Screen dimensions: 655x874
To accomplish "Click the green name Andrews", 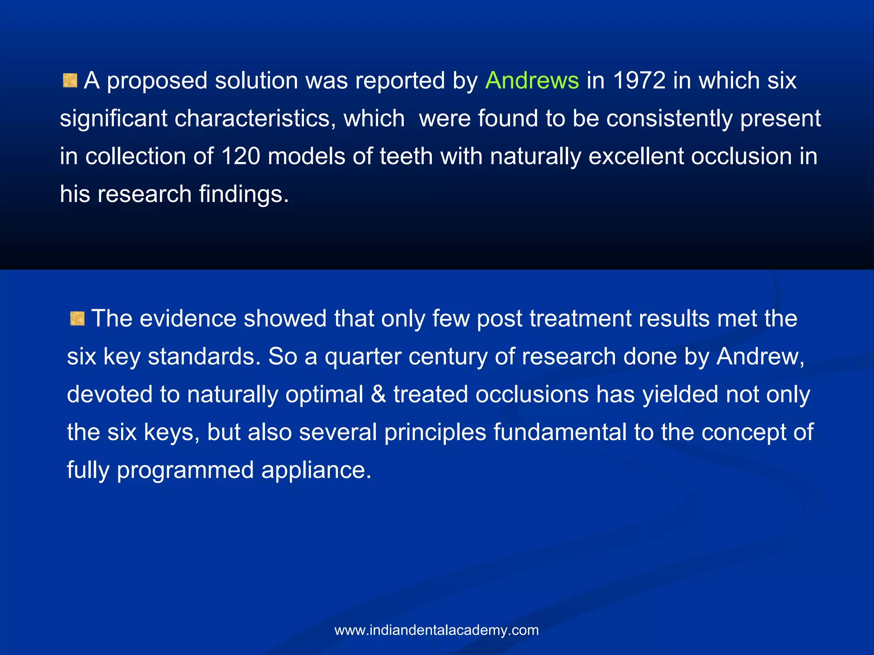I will [532, 81].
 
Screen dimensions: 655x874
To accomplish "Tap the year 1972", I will [639, 81].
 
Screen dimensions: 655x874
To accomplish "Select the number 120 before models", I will [241, 156].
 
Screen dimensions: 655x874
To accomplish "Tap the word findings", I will [244, 194].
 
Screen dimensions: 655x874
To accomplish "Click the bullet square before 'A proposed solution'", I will [70, 81].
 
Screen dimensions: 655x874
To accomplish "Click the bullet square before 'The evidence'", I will [77, 318].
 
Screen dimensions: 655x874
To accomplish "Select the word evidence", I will [188, 319].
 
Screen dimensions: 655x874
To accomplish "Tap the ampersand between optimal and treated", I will [378, 394].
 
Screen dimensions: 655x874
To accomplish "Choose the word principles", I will [435, 432].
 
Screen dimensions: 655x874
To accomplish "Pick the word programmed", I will [185, 470].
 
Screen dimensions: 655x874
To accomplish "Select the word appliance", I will [316, 470].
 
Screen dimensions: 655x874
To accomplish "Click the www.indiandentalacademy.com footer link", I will [437, 630].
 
